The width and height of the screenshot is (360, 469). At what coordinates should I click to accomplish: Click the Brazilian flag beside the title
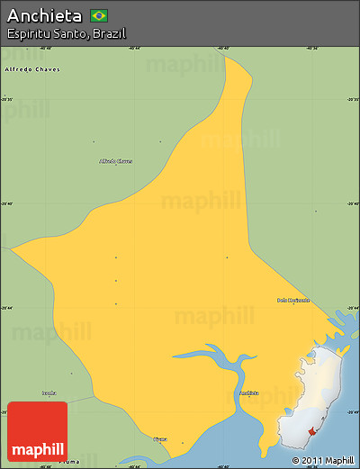point(99,15)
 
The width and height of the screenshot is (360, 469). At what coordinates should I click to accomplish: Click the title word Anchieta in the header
point(44,16)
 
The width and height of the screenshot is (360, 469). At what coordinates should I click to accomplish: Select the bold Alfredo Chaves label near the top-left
point(31,68)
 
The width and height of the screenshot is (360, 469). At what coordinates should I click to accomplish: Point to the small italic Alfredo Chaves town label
point(116,161)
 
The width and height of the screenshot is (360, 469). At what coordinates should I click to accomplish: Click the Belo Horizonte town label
point(293,300)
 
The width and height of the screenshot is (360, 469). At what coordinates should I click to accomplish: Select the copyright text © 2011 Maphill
point(322,460)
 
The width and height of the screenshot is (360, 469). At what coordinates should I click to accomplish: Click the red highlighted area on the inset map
point(312,432)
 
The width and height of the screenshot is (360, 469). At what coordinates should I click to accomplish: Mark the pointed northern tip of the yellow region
point(226,59)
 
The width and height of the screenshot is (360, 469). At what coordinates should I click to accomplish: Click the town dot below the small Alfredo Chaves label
point(116,168)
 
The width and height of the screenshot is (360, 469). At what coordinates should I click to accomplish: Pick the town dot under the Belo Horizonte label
point(293,306)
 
